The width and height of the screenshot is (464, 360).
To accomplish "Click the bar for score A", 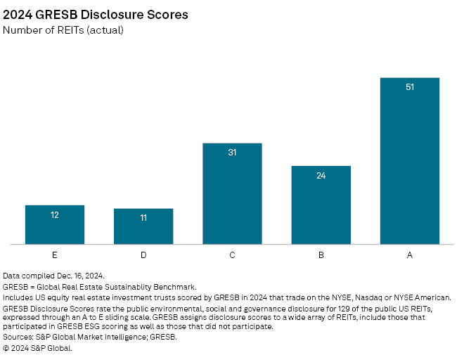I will (410, 161).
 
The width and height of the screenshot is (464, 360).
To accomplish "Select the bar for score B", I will (321, 205).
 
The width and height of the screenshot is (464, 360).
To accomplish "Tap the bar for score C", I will (232, 194).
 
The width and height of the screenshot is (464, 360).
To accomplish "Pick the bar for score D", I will (143, 226).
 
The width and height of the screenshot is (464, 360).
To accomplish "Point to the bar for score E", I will (55, 225).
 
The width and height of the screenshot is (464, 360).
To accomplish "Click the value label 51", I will (410, 87).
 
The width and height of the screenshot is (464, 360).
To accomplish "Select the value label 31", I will (232, 153).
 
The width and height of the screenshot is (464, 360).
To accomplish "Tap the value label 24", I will (321, 175).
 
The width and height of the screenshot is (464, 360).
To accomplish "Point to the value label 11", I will (143, 218).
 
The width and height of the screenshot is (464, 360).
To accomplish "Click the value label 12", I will (55, 214).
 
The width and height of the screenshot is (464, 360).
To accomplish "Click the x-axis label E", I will (55, 255).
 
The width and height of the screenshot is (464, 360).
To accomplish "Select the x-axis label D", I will (143, 255).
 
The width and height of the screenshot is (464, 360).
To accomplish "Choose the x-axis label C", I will (232, 255).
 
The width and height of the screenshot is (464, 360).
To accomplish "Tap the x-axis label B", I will (321, 255).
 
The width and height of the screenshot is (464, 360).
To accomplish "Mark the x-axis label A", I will (410, 255).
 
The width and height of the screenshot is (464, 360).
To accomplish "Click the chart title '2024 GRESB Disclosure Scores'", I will (96, 15).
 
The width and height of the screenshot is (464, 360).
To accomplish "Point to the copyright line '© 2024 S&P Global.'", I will (37, 347).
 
